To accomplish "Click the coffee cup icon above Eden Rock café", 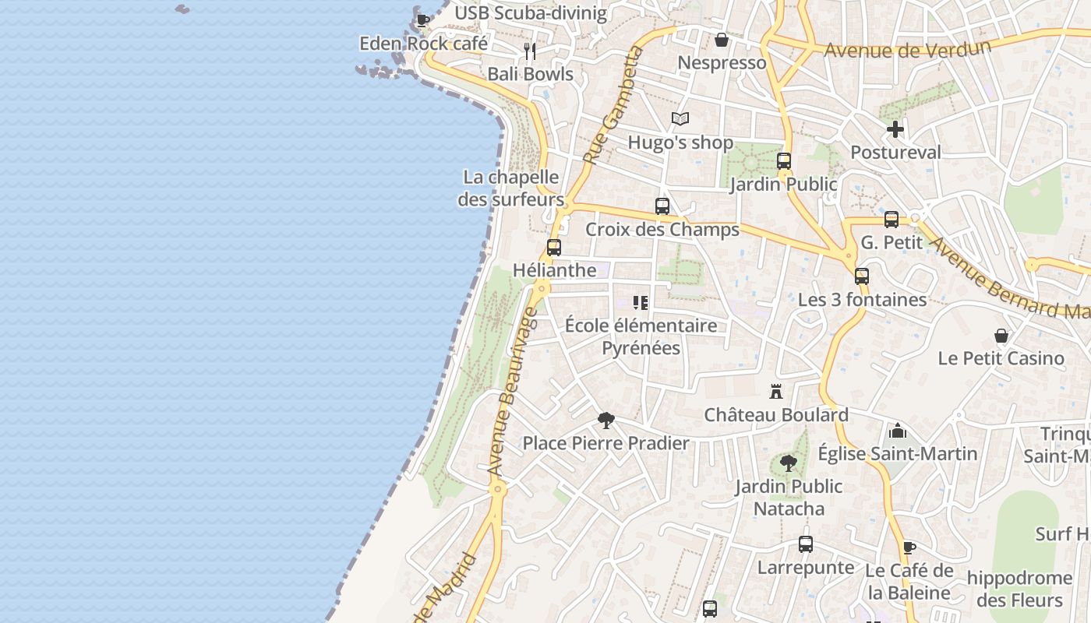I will [x=422, y=20].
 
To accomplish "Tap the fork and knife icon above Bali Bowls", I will [x=530, y=51].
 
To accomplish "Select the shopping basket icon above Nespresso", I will [x=722, y=40].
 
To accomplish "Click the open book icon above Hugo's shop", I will [x=680, y=119].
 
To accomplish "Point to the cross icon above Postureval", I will [x=895, y=129].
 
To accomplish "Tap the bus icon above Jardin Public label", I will [x=784, y=161].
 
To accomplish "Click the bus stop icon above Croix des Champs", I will [x=662, y=206].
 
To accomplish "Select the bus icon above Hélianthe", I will [x=554, y=248].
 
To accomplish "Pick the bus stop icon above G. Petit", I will [x=892, y=220].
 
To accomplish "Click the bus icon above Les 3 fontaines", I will [x=862, y=276].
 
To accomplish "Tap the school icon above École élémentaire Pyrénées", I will [x=641, y=302].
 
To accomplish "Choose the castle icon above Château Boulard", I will [x=775, y=391].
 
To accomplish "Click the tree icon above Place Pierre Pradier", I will [x=606, y=421].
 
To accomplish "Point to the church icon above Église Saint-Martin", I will [x=898, y=431].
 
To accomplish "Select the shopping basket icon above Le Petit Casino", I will [x=1001, y=336].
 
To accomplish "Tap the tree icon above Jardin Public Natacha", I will [x=789, y=463].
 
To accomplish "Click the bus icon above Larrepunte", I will [x=806, y=544].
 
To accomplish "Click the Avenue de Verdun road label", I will [x=907, y=49].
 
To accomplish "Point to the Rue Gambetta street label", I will [x=613, y=105].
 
